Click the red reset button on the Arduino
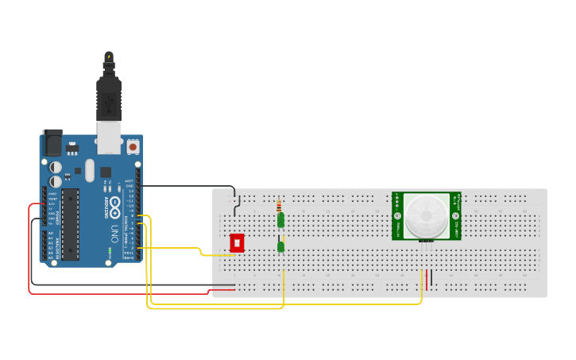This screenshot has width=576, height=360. point(133,147)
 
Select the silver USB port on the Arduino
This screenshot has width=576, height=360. point(109,137)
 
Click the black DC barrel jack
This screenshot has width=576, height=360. point(52,142)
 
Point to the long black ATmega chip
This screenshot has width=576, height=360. point(71,224)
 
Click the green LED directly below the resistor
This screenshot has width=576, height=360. point(280,219)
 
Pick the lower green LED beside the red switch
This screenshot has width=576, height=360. point(281,246)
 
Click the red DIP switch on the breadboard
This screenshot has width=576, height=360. point(237,243)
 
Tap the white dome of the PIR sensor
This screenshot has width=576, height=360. point(426,215)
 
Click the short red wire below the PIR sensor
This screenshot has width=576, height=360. point(427,279)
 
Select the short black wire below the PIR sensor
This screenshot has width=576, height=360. point(431,279)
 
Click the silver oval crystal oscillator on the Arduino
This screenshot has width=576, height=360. point(90,169)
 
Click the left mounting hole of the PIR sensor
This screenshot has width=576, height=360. point(398,215)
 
